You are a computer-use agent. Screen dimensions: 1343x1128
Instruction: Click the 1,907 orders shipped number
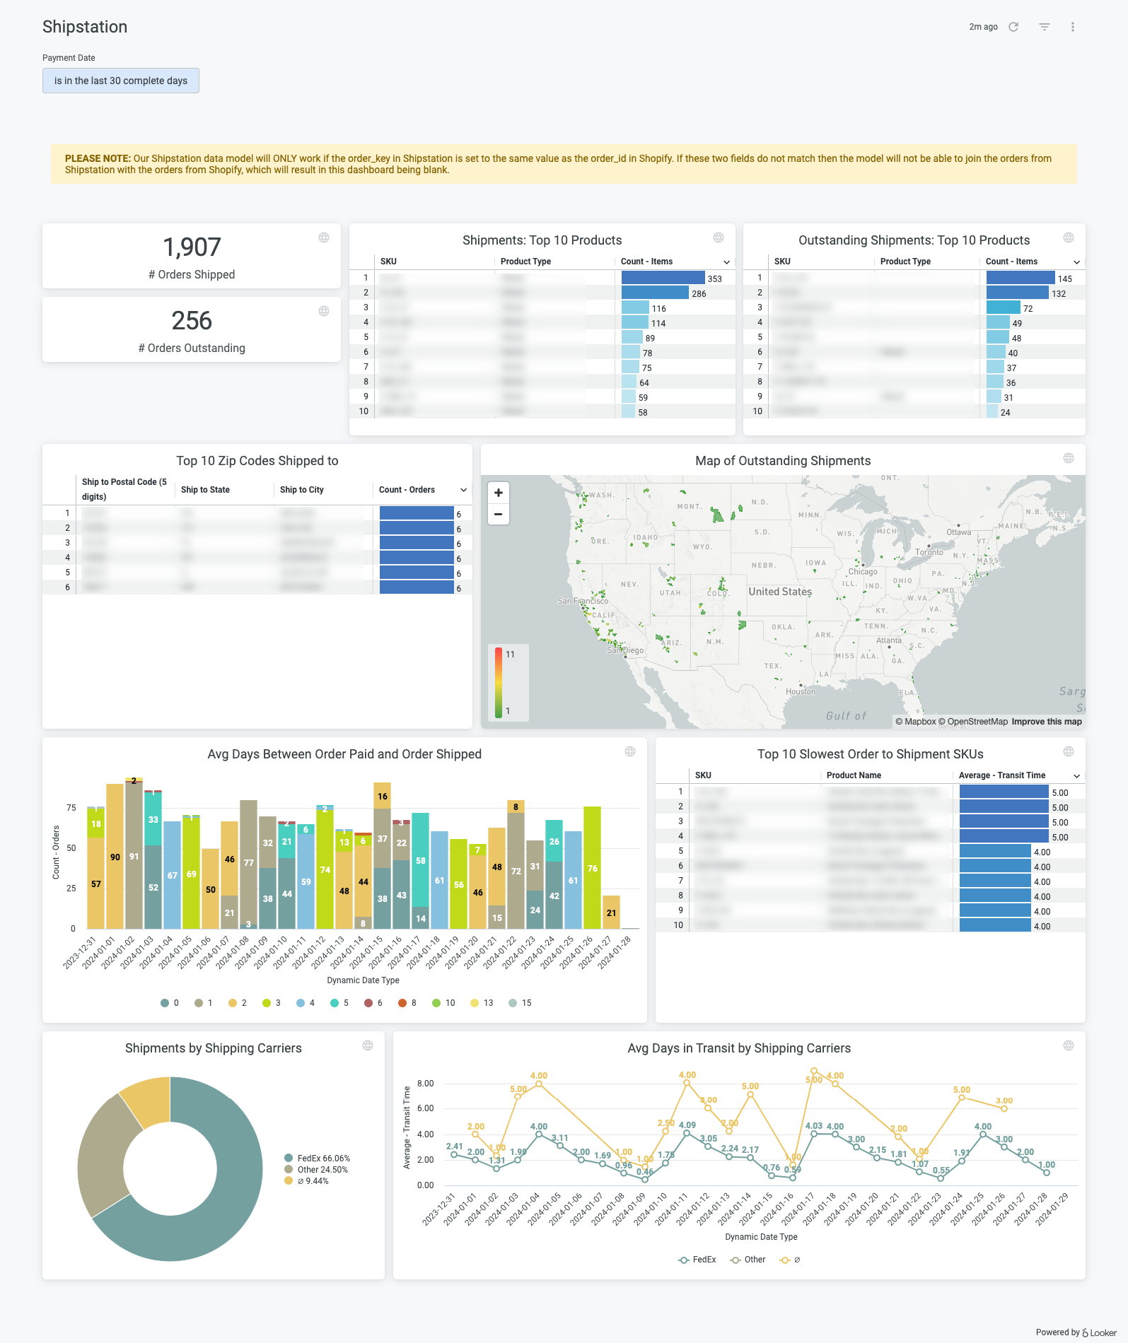(x=192, y=247)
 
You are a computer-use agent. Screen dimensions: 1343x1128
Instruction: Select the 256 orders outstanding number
(x=192, y=321)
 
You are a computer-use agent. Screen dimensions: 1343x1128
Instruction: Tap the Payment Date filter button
(x=121, y=81)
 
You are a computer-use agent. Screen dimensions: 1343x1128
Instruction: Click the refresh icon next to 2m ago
(x=1013, y=27)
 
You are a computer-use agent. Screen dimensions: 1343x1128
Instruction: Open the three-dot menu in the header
(x=1073, y=27)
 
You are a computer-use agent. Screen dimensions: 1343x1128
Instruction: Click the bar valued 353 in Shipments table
(x=663, y=278)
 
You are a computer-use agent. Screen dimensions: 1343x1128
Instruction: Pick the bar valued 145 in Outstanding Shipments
(x=1021, y=278)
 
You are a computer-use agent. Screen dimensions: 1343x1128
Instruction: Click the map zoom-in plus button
(x=499, y=493)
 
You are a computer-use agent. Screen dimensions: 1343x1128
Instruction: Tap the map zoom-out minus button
(x=499, y=514)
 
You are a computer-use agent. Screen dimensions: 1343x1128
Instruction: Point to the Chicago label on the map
(x=863, y=572)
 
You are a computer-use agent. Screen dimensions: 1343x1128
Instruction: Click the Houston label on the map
(x=801, y=691)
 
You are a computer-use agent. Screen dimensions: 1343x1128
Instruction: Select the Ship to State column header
(x=205, y=490)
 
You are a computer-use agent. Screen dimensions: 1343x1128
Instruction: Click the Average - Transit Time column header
(x=1001, y=775)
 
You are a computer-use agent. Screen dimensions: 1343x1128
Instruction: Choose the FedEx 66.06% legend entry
(x=323, y=1159)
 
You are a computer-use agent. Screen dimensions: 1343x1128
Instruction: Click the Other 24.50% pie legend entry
(x=322, y=1170)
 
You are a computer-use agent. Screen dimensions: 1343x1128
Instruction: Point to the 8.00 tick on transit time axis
(x=425, y=1084)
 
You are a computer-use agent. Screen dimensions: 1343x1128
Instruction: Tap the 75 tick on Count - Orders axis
(x=71, y=808)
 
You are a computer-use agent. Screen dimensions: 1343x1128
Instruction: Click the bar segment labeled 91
(x=134, y=857)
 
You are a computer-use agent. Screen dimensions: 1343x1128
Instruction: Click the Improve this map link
(x=1046, y=722)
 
